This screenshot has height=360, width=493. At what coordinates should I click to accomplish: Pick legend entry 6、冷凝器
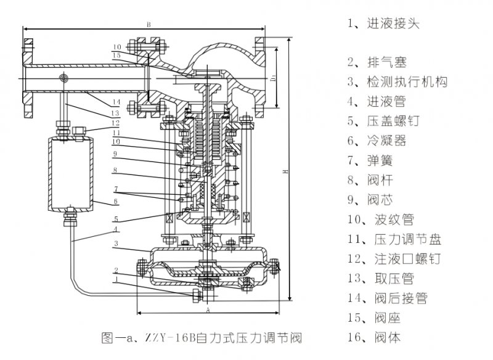pyautogui.click(x=377, y=141)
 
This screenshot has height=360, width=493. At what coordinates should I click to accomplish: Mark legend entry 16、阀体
pyautogui.click(x=373, y=338)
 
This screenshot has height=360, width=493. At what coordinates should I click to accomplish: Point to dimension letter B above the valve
pyautogui.click(x=149, y=24)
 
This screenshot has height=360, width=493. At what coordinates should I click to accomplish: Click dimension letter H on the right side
pyautogui.click(x=285, y=173)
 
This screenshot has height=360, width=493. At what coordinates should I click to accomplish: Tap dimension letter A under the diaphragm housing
pyautogui.click(x=208, y=307)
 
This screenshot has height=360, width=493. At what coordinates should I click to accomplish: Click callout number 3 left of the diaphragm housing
pyautogui.click(x=115, y=244)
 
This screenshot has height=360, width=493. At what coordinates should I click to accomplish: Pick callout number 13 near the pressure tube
pyautogui.click(x=115, y=113)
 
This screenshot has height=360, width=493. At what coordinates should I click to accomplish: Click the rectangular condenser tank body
pyautogui.click(x=68, y=173)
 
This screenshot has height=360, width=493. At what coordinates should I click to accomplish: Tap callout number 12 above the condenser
pyautogui.click(x=115, y=123)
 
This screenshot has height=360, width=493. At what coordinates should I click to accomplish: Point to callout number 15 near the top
pyautogui.click(x=116, y=55)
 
